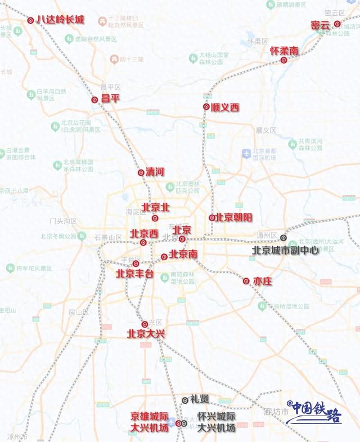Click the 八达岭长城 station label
tap(60, 20)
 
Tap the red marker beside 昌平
tap(94, 100)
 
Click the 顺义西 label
tap(224, 107)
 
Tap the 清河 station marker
tap(141, 173)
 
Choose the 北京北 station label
tap(156, 207)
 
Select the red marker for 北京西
tap(143, 243)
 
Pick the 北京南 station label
tap(183, 255)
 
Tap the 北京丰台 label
tap(134, 274)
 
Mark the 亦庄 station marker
tap(246, 281)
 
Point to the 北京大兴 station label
tap(146, 334)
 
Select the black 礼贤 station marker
tap(185, 400)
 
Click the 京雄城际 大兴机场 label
tap(150, 422)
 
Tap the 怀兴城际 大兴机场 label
tap(217, 422)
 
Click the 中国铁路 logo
tap(314, 412)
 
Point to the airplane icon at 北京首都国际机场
tap(246, 153)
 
